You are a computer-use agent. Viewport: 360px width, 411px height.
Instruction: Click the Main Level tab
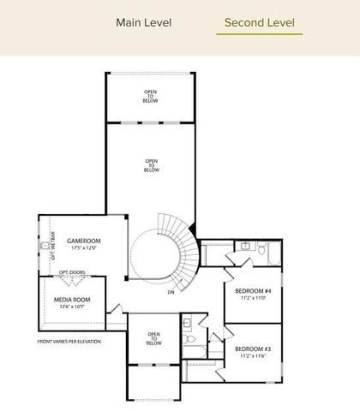point(143,22)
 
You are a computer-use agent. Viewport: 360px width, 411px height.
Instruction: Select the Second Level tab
point(259,22)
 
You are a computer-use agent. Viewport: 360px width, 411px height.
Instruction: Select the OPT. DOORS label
point(71,274)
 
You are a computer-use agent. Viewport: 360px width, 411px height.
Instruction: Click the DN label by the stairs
point(171,292)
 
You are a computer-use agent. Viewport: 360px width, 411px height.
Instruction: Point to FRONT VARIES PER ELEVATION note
point(69,342)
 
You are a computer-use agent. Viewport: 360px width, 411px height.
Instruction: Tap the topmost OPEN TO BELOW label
point(151,97)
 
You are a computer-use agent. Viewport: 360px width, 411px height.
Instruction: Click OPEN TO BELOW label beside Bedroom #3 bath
point(153,338)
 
